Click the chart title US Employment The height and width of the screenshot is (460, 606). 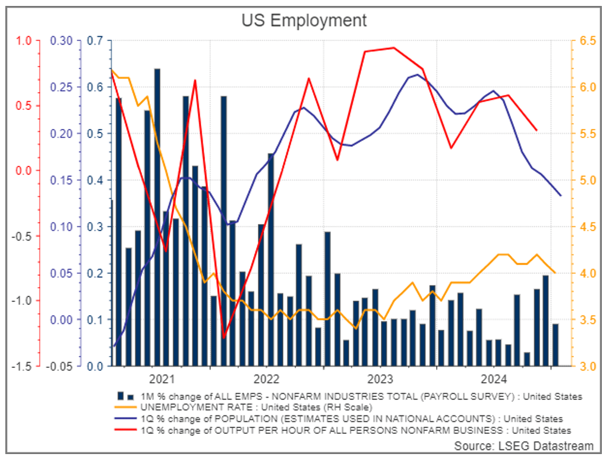(304, 21)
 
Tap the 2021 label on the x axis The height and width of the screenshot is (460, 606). (163, 379)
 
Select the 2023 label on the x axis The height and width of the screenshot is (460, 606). (380, 379)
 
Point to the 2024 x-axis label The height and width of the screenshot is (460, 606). (494, 379)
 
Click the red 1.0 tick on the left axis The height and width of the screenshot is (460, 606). (23, 41)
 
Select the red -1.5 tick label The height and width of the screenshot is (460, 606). (21, 366)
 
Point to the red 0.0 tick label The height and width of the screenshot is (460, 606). (23, 171)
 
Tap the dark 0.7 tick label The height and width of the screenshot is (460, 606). (95, 41)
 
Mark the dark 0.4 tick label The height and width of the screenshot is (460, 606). (95, 181)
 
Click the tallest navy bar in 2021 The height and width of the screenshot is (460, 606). (157, 217)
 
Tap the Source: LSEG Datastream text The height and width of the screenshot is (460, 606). (523, 445)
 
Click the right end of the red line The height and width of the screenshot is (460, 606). (536, 130)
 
